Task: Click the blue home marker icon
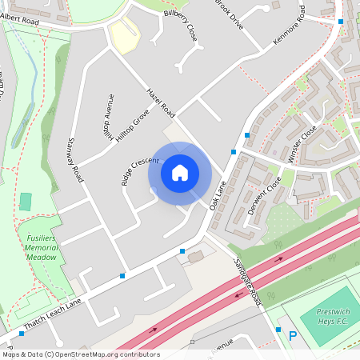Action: coord(180,172)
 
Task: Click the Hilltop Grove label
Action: coord(132,126)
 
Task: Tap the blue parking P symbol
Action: coord(293,336)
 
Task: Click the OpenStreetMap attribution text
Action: coord(81,354)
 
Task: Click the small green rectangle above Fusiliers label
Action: coord(26,202)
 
